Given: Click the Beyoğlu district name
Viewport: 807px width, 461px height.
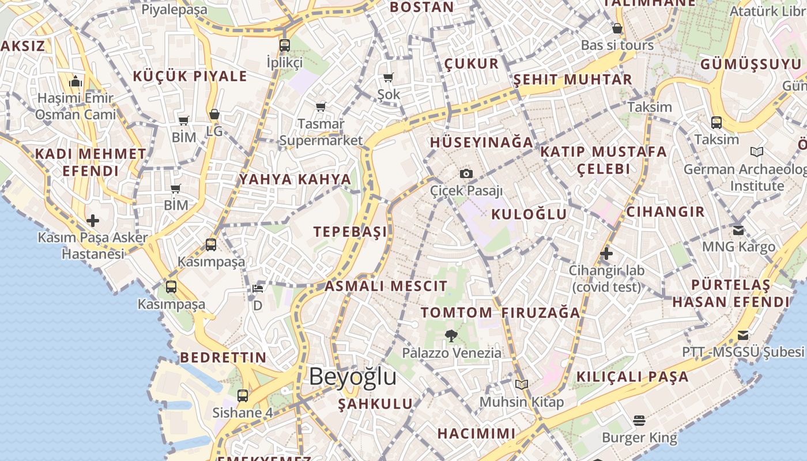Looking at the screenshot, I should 352,377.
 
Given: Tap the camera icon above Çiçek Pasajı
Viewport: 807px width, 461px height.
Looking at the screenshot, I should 466,173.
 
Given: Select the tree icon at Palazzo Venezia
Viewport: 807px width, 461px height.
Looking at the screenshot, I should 451,335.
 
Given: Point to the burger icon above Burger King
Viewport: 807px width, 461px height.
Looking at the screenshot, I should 639,421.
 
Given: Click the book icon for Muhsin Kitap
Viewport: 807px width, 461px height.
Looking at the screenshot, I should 522,384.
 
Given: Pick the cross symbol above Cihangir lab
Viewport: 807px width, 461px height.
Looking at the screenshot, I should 606,253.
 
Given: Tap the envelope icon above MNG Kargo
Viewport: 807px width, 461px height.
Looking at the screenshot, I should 738,231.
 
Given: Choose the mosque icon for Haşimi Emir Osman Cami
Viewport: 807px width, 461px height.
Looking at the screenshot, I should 76,82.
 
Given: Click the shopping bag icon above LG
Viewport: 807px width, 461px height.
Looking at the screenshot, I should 214,115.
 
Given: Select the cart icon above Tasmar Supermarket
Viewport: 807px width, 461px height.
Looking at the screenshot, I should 320,107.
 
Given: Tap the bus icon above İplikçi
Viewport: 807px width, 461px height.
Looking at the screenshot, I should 284,45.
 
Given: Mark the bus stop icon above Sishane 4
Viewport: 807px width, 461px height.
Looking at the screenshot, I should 243,396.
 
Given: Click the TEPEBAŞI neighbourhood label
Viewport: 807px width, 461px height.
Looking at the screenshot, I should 350,232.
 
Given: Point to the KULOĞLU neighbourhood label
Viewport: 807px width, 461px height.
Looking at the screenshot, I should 529,214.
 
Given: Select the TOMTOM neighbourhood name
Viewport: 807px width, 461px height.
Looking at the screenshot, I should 456,313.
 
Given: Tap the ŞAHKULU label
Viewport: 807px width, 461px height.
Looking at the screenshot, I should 375,404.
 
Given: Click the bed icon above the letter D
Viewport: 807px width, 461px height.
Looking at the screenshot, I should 258,289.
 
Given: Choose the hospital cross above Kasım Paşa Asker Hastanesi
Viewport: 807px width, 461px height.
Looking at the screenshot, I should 92,221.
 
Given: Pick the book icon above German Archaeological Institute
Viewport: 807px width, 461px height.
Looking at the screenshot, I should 757,152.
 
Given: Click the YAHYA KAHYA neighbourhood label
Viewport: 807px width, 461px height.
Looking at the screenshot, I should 295,179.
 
